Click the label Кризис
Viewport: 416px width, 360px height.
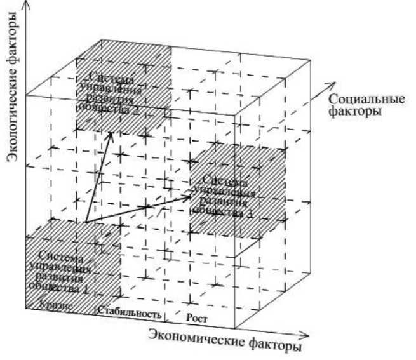[x=53, y=304]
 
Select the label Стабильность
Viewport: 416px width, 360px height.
[x=130, y=312]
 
